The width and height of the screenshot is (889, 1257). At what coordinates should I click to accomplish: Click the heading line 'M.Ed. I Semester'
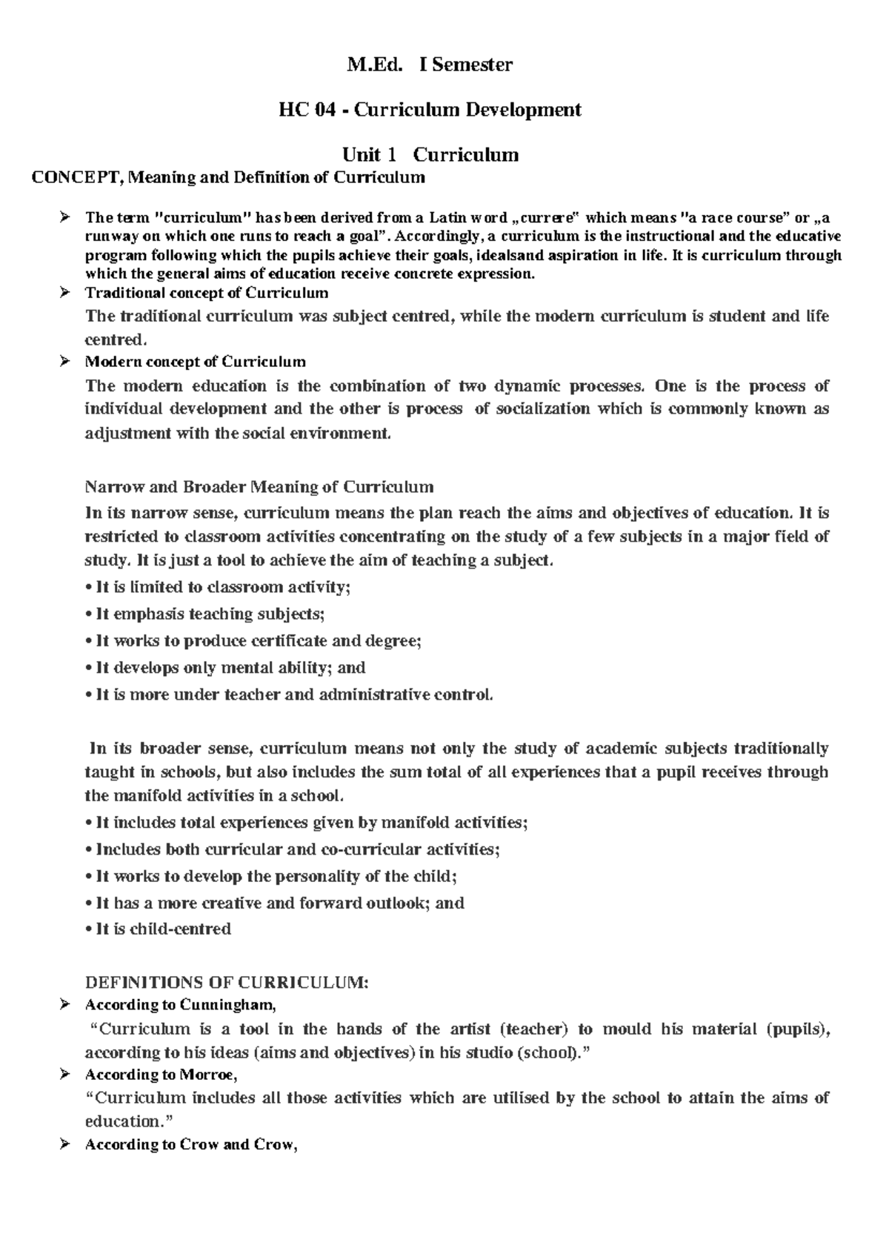click(430, 65)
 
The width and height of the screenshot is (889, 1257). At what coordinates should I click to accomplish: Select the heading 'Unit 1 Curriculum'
click(430, 155)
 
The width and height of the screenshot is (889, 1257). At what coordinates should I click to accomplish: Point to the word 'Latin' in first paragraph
click(450, 218)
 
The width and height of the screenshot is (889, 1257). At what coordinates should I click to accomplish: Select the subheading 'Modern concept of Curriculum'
click(195, 362)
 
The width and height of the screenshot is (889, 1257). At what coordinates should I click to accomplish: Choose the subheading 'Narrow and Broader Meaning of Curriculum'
click(259, 488)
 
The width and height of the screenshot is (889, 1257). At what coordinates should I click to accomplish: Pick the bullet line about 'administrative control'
click(289, 695)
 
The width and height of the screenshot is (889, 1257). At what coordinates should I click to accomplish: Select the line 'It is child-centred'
click(159, 929)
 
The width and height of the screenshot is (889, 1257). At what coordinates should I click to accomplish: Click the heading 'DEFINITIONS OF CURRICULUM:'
click(226, 984)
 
